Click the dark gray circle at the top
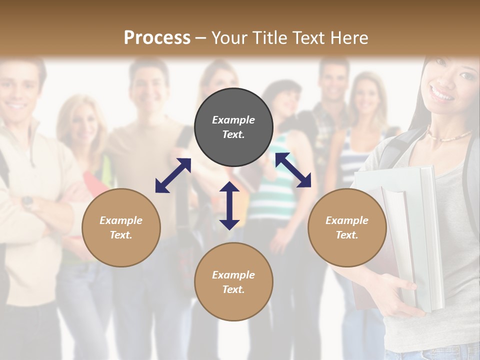point(233,127)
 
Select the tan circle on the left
point(121,227)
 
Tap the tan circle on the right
point(347,227)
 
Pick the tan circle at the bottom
point(233,282)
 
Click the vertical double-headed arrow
point(229,205)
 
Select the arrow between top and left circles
point(173,175)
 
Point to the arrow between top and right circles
point(293,170)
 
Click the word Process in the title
point(157,37)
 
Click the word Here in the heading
point(349,37)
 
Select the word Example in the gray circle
point(233,120)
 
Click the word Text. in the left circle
point(121,235)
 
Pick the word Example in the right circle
point(347,220)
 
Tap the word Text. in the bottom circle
point(233,289)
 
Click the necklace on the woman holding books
point(450,136)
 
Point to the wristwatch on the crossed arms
point(27,202)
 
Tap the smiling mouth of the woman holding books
point(442,93)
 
